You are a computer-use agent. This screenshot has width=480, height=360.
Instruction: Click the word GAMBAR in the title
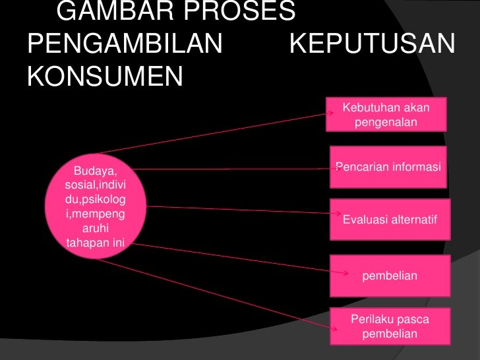tap(105, 11)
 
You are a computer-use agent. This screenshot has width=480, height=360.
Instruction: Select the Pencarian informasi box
tap(388, 167)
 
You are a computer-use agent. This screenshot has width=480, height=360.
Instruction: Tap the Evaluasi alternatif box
tap(389, 219)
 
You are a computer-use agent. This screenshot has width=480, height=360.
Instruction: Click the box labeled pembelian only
tap(390, 276)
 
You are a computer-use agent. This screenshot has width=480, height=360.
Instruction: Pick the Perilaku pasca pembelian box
tap(390, 326)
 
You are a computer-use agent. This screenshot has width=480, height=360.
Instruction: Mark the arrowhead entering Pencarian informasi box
tap(335, 167)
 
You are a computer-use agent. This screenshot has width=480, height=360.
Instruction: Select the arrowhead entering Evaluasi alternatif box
tap(336, 214)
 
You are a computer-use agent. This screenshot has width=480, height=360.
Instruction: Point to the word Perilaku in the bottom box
tap(371, 320)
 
